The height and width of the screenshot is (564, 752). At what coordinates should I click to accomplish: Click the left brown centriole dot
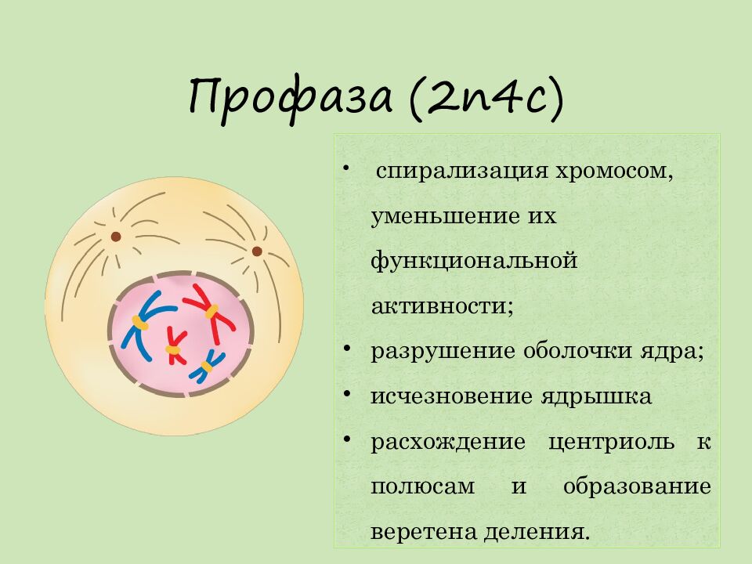[x=116, y=236]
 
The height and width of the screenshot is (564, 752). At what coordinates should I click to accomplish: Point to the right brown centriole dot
[x=256, y=251]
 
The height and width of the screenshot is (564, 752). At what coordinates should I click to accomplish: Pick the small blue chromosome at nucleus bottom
[x=208, y=365]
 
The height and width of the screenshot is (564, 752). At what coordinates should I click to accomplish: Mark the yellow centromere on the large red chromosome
[x=211, y=312]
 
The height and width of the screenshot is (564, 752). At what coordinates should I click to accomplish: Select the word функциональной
[x=474, y=259]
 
